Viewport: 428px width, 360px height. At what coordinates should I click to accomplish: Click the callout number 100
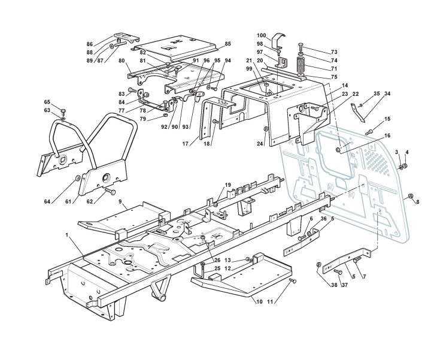(262, 35)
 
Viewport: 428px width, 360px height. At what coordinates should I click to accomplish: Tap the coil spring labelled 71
(300, 64)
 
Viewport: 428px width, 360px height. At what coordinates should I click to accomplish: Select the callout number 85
(227, 44)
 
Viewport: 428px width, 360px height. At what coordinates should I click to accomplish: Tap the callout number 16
(387, 137)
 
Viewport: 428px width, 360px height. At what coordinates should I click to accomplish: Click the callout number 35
(377, 93)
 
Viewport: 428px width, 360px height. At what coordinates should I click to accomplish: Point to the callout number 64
(47, 201)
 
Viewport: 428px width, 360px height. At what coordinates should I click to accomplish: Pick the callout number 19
(227, 184)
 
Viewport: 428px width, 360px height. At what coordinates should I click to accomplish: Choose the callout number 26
(217, 261)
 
